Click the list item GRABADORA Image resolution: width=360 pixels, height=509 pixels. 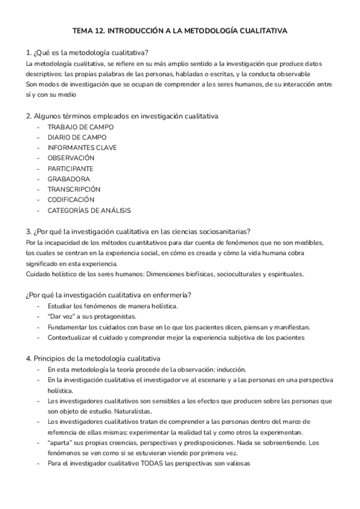tap(69, 179)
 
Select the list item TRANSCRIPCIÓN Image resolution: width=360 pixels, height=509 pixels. tap(74, 189)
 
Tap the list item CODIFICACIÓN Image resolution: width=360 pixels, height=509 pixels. tap(71, 200)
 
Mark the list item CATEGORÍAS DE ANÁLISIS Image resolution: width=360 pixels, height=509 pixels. tap(89, 210)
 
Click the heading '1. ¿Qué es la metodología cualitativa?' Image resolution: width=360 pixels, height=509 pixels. tap(88, 52)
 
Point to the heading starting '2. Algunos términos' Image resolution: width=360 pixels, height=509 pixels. tap(122, 115)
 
